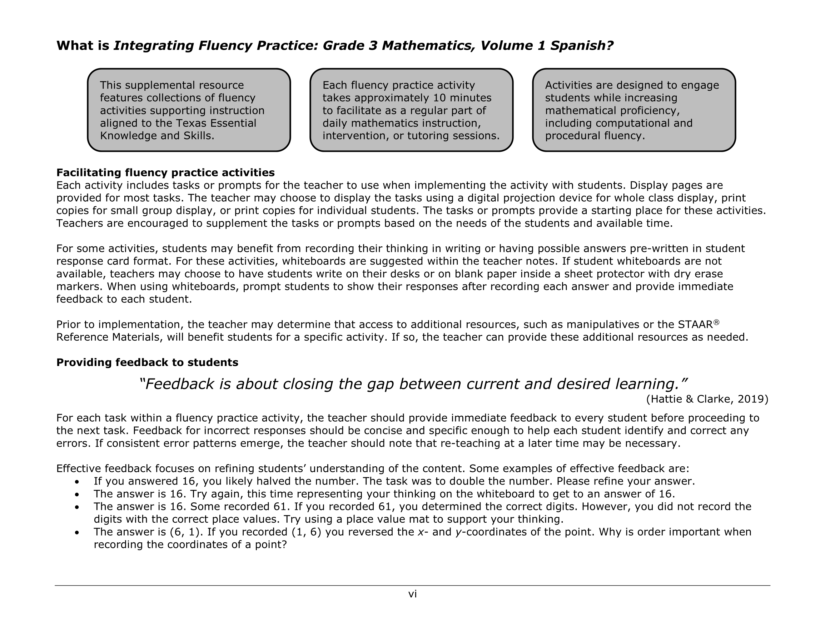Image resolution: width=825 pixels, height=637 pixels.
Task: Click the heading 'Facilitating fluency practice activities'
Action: (x=165, y=172)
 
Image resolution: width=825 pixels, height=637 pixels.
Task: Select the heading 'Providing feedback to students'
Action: (x=147, y=362)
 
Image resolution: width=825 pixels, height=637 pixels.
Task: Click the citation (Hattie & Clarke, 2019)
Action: (x=707, y=399)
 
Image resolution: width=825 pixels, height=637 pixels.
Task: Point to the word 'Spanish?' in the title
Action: (x=581, y=46)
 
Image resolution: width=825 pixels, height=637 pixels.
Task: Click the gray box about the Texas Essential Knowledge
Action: (x=189, y=110)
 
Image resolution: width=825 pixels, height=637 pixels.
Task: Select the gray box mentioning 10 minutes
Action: (x=411, y=110)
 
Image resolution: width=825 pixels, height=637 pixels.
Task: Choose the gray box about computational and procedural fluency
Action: (x=633, y=110)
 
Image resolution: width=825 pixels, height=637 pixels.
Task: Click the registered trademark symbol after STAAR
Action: (x=716, y=322)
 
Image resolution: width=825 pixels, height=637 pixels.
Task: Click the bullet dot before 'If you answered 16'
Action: (x=77, y=482)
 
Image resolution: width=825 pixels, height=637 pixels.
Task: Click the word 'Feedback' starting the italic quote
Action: (x=177, y=384)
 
